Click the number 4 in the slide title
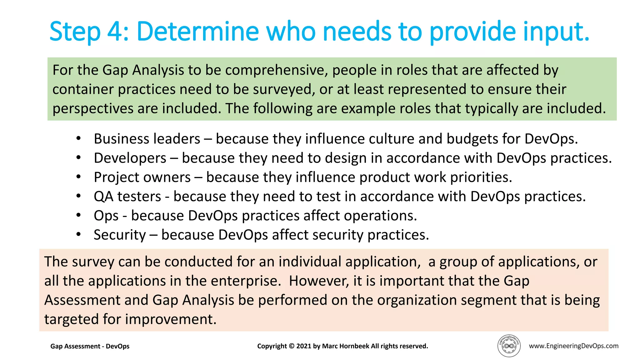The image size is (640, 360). tap(116, 32)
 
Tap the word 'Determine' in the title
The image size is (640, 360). tap(198, 32)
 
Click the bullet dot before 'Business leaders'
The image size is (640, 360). tap(78, 138)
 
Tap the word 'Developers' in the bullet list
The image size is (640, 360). tap(130, 158)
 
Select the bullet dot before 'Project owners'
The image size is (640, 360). tap(78, 177)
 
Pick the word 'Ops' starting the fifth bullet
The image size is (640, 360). tap(106, 216)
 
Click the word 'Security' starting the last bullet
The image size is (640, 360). tap(120, 235)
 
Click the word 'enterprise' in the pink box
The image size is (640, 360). tap(244, 281)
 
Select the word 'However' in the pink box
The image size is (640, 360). tap(318, 281)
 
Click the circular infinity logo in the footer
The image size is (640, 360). tap(509, 346)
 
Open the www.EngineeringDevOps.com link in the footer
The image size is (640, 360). tap(573, 346)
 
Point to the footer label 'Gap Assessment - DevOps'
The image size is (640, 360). tap(90, 346)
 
